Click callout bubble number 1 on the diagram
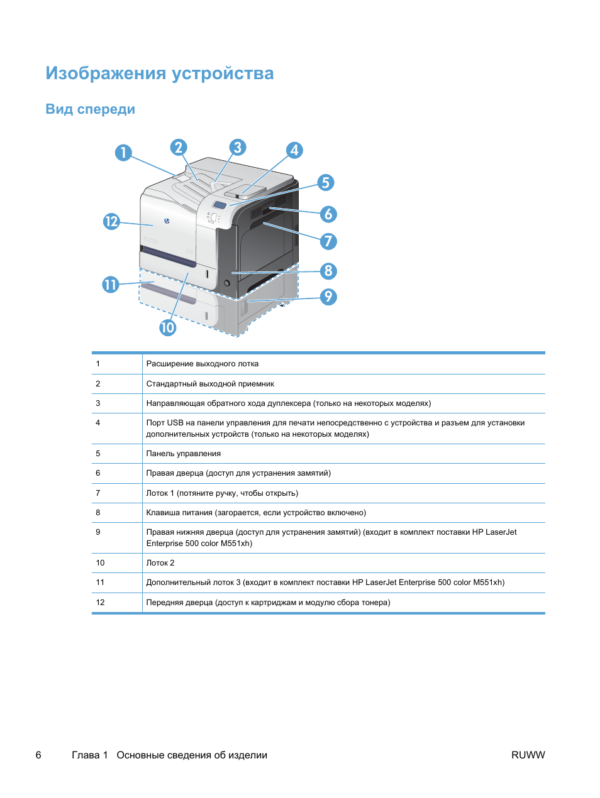[123, 153]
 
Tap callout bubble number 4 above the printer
[294, 150]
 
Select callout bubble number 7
[328, 241]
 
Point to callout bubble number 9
[328, 297]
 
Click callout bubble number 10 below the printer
[167, 327]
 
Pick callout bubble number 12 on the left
[111, 221]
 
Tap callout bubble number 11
[111, 285]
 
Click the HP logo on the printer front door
[167, 221]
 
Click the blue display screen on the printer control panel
[219, 205]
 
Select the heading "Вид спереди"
[90, 109]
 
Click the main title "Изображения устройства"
[160, 74]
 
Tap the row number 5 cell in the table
[98, 454]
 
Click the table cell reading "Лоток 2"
[160, 563]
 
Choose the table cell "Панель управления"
[184, 454]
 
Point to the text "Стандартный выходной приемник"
[210, 384]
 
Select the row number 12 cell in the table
[100, 603]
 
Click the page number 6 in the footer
[38, 755]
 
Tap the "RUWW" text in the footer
[528, 755]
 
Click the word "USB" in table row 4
[175, 423]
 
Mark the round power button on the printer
[226, 283]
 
